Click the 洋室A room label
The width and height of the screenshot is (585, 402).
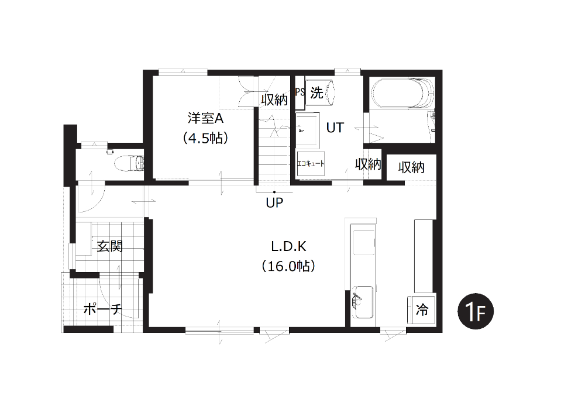pyautogui.click(x=205, y=118)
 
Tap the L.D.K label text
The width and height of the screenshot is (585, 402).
pyautogui.click(x=288, y=246)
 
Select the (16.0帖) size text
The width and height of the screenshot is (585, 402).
pyautogui.click(x=288, y=266)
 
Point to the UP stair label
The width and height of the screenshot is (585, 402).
pyautogui.click(x=274, y=202)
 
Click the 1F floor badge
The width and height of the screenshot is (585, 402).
pyautogui.click(x=475, y=311)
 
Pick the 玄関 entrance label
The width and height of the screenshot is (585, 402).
pyautogui.click(x=109, y=246)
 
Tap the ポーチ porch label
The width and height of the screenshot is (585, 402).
pyautogui.click(x=102, y=309)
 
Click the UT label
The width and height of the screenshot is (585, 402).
pyautogui.click(x=335, y=128)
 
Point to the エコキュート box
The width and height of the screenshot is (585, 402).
pyautogui.click(x=311, y=163)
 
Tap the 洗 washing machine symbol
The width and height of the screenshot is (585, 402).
pyautogui.click(x=319, y=93)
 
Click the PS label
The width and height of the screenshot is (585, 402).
pyautogui.click(x=300, y=92)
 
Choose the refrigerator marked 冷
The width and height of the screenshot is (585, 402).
pyautogui.click(x=421, y=310)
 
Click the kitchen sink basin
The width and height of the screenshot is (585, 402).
pyautogui.click(x=363, y=302)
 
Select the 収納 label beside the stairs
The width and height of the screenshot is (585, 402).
pyautogui.click(x=274, y=99)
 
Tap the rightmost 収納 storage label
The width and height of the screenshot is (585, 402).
pyautogui.click(x=411, y=167)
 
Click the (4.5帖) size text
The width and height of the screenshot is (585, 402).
pyautogui.click(x=205, y=139)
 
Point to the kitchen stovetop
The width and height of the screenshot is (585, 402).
pyautogui.click(x=364, y=242)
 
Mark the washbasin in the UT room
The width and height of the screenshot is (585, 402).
pyautogui.click(x=308, y=130)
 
